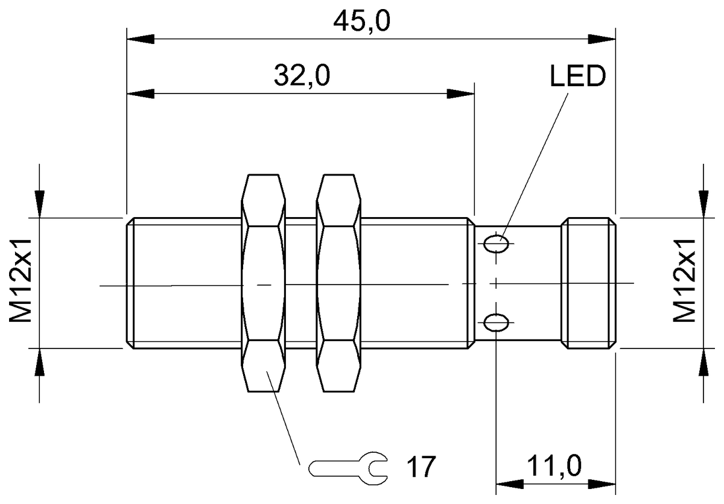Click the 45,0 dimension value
[362, 22]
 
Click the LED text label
[576, 77]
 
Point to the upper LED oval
[497, 244]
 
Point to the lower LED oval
[497, 323]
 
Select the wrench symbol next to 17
[348, 467]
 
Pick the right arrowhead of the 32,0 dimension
[462, 94]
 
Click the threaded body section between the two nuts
[300, 283]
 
